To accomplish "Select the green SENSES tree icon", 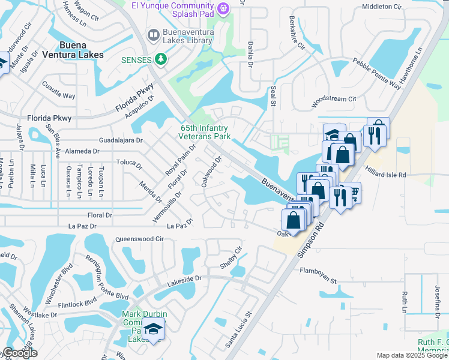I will point(160,58).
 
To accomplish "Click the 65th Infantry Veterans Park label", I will point(206,132).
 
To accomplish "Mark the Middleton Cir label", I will point(381,7).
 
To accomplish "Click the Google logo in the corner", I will point(20,353).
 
